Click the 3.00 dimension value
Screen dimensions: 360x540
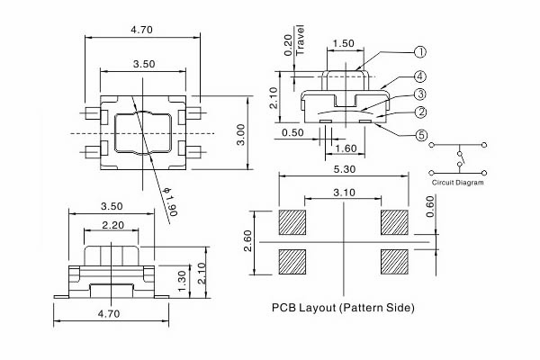[240, 135]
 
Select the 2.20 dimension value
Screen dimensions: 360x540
[112, 224]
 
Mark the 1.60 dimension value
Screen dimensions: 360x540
[346, 149]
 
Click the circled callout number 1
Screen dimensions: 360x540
[419, 52]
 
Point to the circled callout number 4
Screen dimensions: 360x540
[419, 77]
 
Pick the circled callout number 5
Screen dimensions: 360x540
[419, 136]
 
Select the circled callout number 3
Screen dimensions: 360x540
[419, 94]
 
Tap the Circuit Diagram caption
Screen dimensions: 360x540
[458, 183]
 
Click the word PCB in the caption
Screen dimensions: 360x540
[284, 308]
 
